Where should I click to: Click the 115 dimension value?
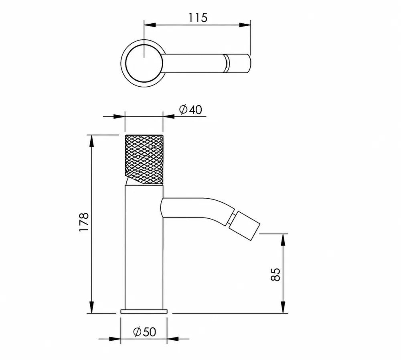tap(198, 18)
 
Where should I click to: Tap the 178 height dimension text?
tap(84, 222)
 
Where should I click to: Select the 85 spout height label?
tap(275, 275)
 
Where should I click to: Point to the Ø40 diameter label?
tap(190, 110)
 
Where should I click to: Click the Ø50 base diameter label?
tap(144, 332)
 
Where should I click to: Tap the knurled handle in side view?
tap(144, 159)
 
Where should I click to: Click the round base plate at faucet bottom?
tap(144, 311)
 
